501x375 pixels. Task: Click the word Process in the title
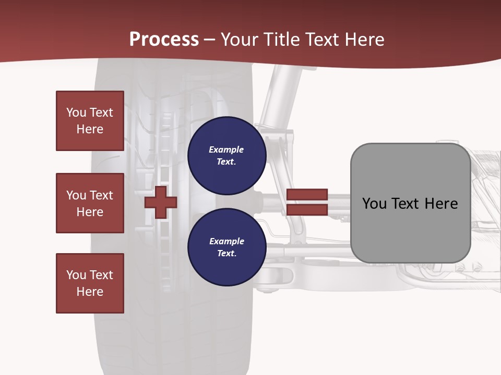tap(164, 39)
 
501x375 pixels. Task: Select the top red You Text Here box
tap(90, 121)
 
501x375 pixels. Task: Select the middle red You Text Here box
tap(90, 203)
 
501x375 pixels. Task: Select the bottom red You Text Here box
tap(90, 283)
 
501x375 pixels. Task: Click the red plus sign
tap(161, 202)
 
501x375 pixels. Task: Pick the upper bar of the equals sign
tap(307, 195)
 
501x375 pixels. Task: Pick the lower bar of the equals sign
tap(307, 209)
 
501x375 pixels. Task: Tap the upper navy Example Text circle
tap(226, 155)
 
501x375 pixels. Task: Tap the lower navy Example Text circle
tap(226, 247)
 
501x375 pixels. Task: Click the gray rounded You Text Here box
tap(410, 203)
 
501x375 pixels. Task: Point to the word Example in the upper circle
tap(226, 149)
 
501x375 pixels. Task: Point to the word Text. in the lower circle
tap(226, 254)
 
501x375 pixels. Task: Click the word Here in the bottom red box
tap(90, 292)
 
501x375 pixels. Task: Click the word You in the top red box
tap(76, 113)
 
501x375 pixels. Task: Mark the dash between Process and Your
tap(209, 40)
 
